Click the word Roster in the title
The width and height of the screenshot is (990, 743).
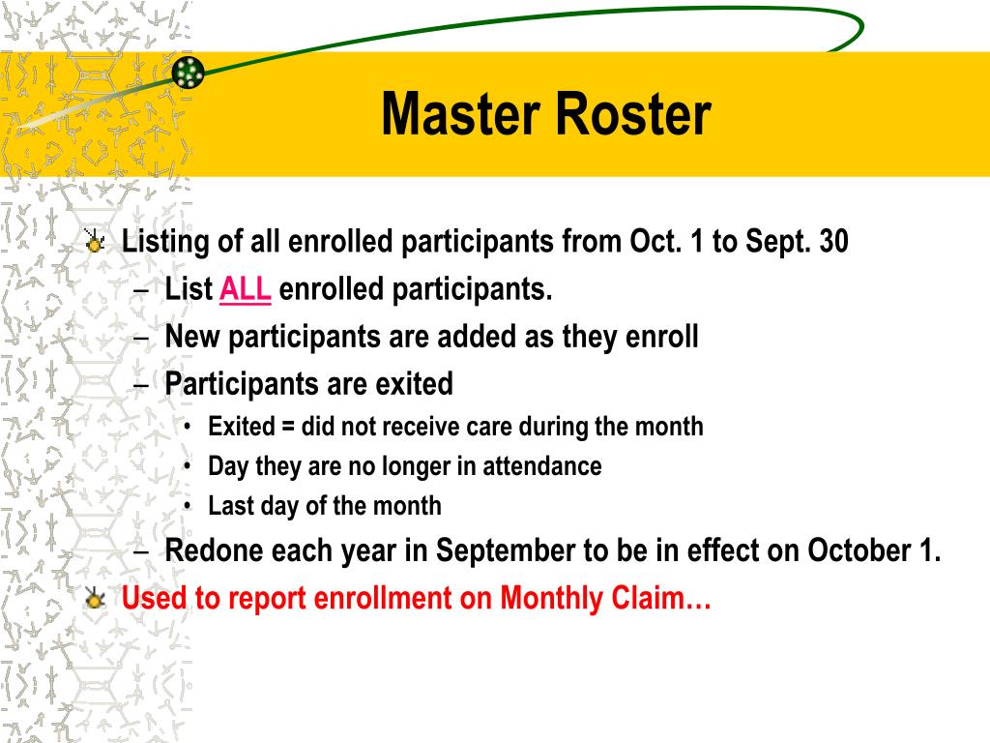coord(632,115)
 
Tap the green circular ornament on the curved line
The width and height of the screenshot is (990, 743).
coord(189,72)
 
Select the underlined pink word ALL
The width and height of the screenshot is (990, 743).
coord(246,289)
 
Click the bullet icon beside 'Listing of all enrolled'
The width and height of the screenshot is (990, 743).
coord(95,242)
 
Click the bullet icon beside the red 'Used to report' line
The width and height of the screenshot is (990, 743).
coord(95,599)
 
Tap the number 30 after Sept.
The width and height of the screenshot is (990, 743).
coord(833,242)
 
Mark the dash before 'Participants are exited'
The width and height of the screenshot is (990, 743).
coord(141,384)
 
